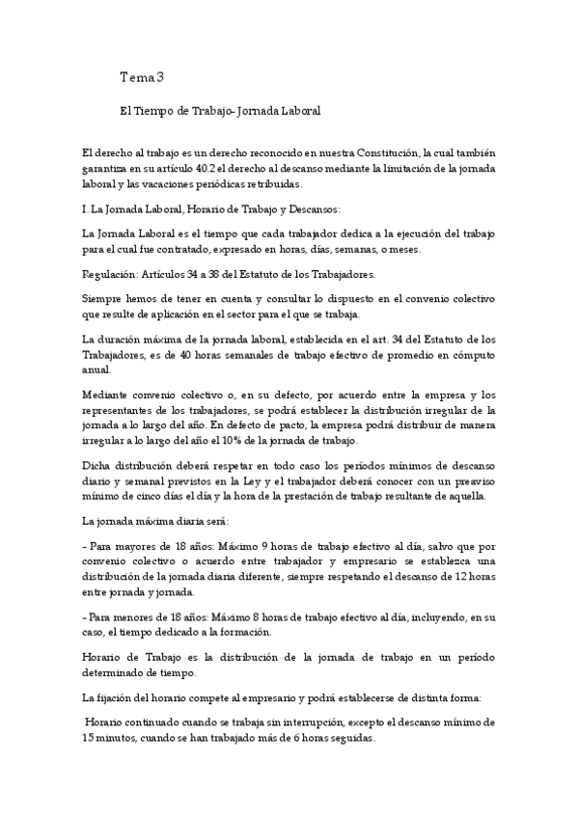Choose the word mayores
pos(137,547)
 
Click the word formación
pos(243,632)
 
